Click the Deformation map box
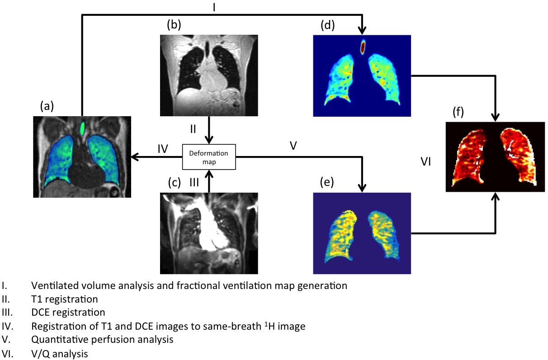[x=208, y=157]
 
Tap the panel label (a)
[x=47, y=106]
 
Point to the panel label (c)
[x=174, y=183]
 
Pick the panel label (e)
[x=326, y=182]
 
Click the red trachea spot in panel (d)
[x=363, y=47]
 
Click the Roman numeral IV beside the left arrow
[x=163, y=147]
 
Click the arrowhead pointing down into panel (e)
[x=362, y=188]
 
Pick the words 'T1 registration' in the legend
[x=64, y=299]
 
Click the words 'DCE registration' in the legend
[x=68, y=312]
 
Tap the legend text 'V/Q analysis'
[x=59, y=353]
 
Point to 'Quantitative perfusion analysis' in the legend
[x=102, y=339]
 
